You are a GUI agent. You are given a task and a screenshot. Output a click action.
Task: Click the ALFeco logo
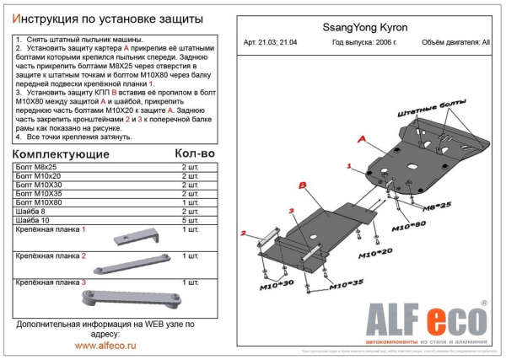tap(426, 322)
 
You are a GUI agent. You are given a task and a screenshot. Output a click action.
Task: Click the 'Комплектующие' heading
tap(62, 154)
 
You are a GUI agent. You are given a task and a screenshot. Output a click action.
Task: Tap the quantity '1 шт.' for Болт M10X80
tap(191, 203)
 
